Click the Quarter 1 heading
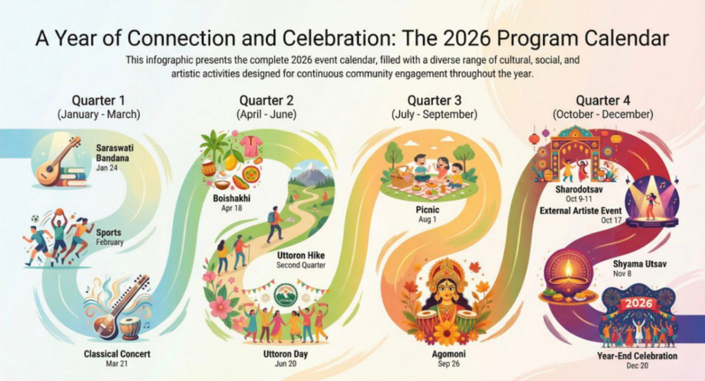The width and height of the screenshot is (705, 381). [x=99, y=100]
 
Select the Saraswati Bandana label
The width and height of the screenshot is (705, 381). [x=114, y=153]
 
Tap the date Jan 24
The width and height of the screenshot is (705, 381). [x=107, y=168]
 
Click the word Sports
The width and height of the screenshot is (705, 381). [x=108, y=233]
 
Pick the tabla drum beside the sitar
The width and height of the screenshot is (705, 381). [x=130, y=329]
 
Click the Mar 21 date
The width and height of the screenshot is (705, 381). [x=116, y=364]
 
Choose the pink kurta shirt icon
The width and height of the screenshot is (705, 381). [x=251, y=146]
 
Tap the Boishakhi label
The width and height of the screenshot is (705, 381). [x=232, y=198]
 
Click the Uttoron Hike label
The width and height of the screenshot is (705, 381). [x=300, y=255]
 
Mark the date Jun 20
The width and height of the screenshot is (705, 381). [x=285, y=364]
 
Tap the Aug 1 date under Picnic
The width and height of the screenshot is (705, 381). [x=427, y=219]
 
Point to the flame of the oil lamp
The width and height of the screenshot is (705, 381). [x=569, y=269]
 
